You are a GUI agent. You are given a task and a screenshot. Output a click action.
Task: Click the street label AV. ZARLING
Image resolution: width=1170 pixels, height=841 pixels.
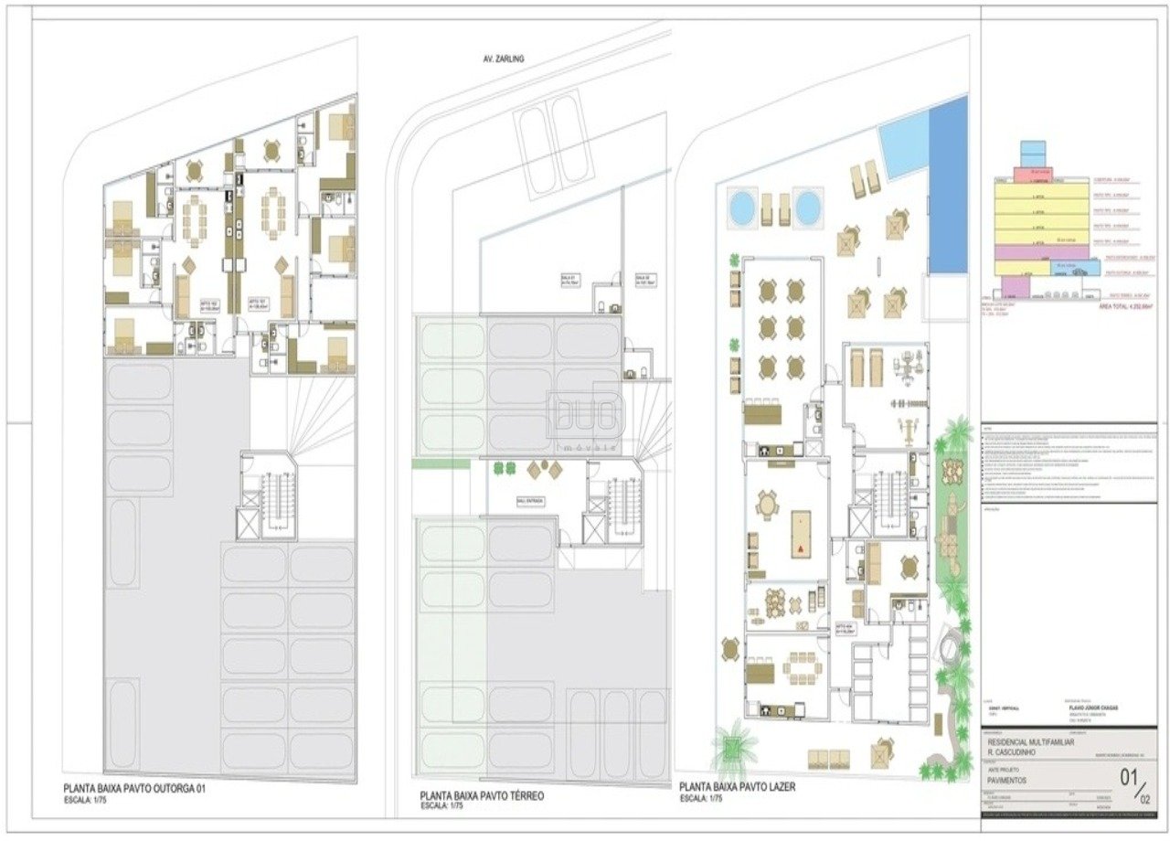click(x=503, y=59)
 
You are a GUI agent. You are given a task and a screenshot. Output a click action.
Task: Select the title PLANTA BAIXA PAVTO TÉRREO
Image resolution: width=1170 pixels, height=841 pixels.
click(x=482, y=796)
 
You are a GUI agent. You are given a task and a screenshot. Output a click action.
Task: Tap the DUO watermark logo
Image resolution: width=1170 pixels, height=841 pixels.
click(x=584, y=416)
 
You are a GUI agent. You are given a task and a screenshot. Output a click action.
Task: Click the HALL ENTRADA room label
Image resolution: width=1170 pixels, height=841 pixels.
click(x=528, y=501)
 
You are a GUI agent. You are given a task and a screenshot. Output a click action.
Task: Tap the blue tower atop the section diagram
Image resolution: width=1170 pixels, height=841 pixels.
click(x=1031, y=153)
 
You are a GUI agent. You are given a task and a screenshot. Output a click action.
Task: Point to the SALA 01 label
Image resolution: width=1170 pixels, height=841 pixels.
click(x=574, y=281)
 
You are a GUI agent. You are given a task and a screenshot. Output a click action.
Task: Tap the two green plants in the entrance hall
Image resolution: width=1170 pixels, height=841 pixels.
click(x=504, y=468)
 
